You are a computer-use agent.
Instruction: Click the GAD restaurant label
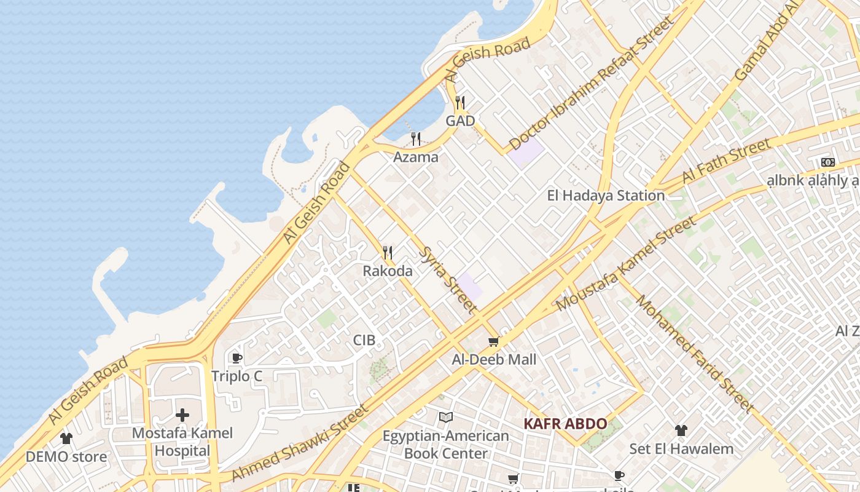pyautogui.click(x=460, y=121)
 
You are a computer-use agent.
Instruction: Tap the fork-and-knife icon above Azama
pyautogui.click(x=416, y=138)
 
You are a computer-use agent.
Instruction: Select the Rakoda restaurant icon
pyautogui.click(x=388, y=253)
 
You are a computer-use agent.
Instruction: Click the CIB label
pyautogui.click(x=364, y=340)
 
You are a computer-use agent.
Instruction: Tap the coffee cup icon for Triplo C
pyautogui.click(x=237, y=358)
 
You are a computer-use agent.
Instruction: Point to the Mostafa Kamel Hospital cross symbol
pyautogui.click(x=182, y=415)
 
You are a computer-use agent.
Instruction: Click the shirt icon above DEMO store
pyautogui.click(x=66, y=438)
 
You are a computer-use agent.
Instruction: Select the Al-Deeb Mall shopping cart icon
pyautogui.click(x=493, y=341)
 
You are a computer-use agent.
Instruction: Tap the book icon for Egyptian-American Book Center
pyautogui.click(x=446, y=418)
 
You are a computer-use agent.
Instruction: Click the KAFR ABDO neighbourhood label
pyautogui.click(x=565, y=424)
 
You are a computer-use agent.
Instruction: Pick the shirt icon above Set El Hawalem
pyautogui.click(x=681, y=430)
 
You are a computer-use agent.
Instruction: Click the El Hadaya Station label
pyautogui.click(x=606, y=196)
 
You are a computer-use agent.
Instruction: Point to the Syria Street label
pyautogui.click(x=448, y=280)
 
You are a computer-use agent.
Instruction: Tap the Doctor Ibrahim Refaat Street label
pyautogui.click(x=592, y=83)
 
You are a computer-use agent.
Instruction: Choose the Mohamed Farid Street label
pyautogui.click(x=694, y=354)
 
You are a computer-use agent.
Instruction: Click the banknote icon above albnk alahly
pyautogui.click(x=827, y=162)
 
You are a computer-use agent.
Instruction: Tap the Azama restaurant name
pyautogui.click(x=416, y=157)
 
